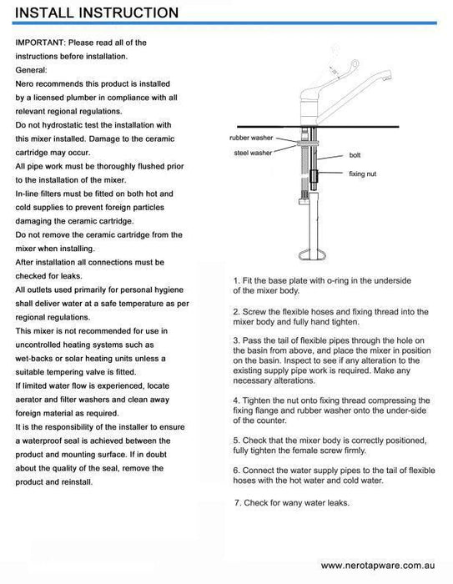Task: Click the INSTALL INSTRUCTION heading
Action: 97,13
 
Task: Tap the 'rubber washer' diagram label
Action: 251,138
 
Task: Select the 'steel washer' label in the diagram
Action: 253,153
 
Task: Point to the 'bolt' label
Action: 355,155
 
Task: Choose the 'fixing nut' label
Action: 362,174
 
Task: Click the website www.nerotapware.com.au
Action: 378,566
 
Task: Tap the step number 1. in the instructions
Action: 237,280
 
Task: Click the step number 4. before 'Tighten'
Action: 237,400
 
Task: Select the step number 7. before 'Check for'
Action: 238,503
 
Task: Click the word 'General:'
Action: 32,70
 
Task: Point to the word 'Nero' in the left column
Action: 24,83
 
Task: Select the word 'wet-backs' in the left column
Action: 33,359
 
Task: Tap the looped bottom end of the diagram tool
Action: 312,254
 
